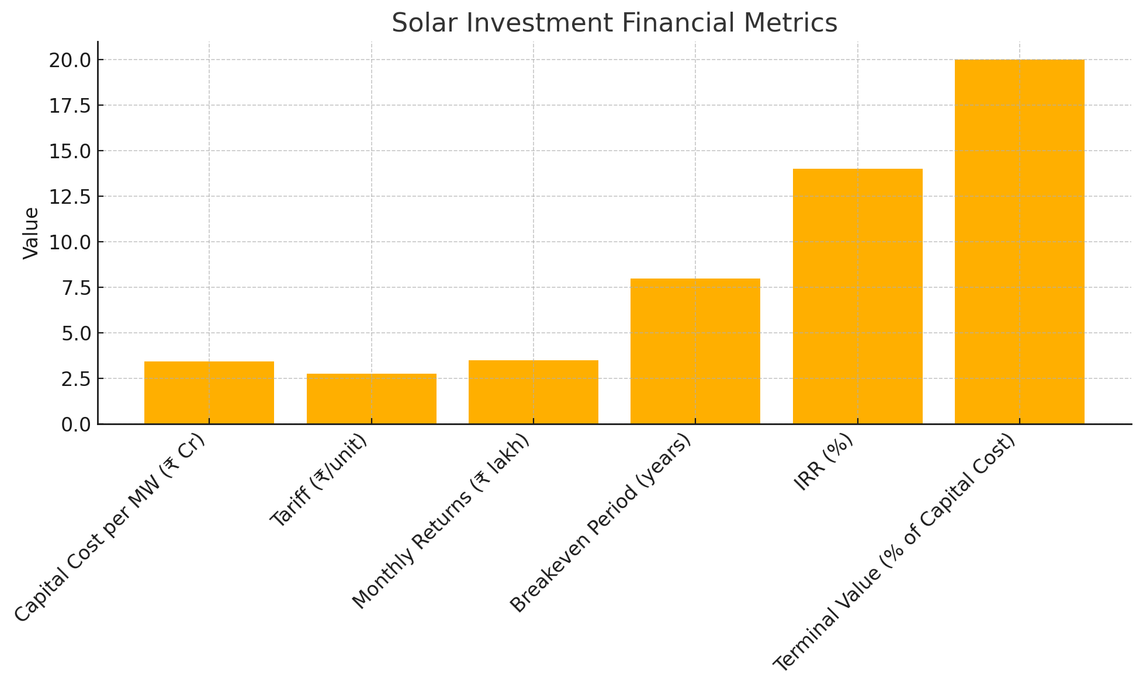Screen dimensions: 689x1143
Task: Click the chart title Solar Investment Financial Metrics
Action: (x=614, y=23)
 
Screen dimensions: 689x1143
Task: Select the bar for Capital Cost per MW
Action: (x=209, y=392)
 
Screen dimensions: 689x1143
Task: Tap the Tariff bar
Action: (x=371, y=399)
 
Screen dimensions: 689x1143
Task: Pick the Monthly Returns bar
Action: (x=533, y=392)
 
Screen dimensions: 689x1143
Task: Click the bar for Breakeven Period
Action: (x=695, y=351)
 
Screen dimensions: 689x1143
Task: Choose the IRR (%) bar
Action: (x=857, y=296)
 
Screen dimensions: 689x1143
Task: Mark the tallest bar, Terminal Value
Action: (x=1019, y=242)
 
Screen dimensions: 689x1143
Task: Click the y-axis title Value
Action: (x=31, y=233)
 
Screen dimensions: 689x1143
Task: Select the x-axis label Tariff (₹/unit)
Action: (x=319, y=481)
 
